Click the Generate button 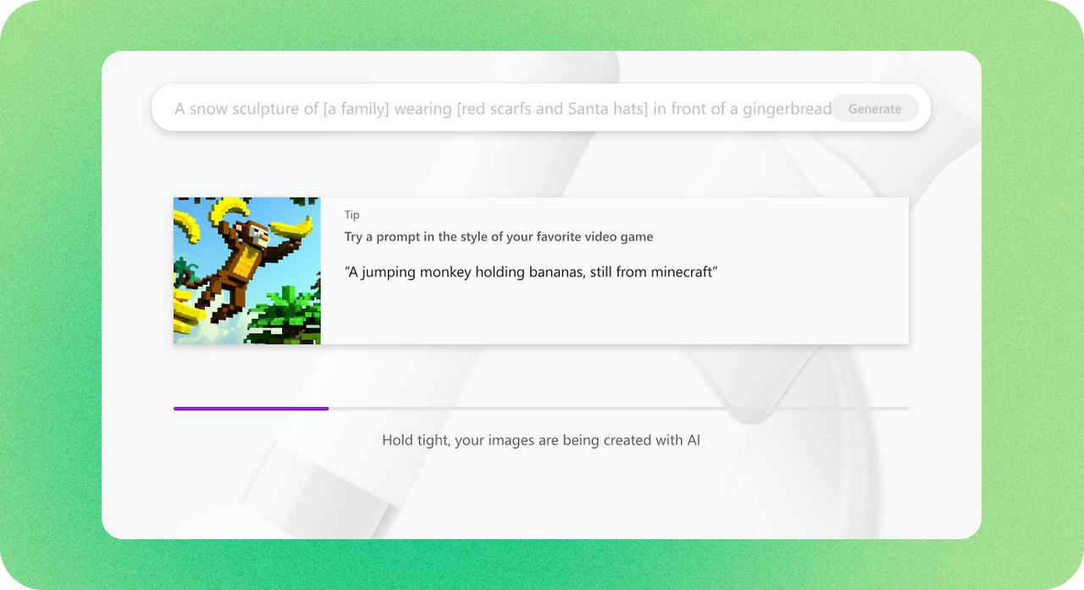pos(874,109)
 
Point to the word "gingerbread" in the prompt pos(787,109)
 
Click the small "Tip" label pos(351,215)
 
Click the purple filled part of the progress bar pos(251,409)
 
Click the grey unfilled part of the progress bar pos(618,409)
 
